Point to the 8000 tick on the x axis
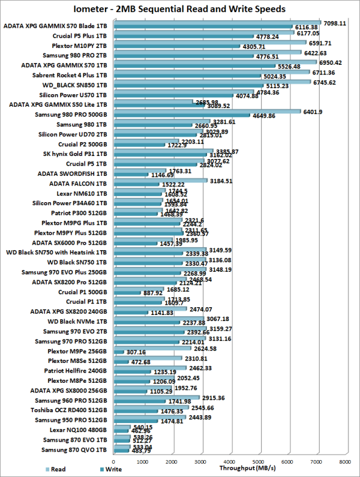tap(344, 462)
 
